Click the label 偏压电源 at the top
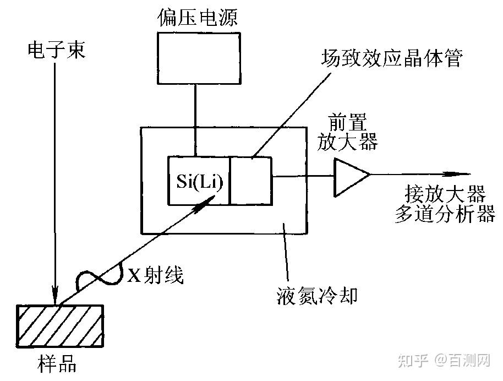coord(196,18)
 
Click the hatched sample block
coord(60,325)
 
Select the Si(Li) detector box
coord(199,180)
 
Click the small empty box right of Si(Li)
coord(251,180)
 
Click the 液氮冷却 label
coord(318,296)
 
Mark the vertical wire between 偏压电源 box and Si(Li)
coord(194,119)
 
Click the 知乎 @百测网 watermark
coord(445,361)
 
